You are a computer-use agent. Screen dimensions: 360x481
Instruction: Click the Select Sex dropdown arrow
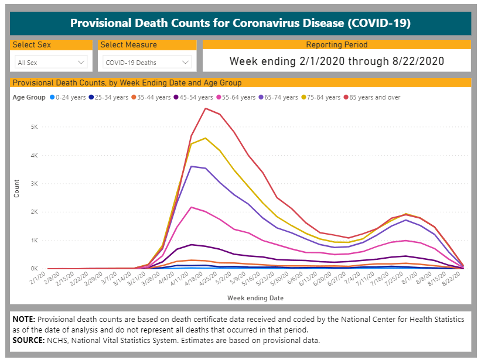point(81,62)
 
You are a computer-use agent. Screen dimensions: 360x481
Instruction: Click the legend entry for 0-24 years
point(71,97)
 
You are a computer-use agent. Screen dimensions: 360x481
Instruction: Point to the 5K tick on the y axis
point(35,127)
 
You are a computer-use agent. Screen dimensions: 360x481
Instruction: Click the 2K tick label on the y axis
point(35,212)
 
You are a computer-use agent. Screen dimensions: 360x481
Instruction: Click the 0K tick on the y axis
point(35,269)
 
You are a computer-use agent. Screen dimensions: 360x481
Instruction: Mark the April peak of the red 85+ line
point(205,108)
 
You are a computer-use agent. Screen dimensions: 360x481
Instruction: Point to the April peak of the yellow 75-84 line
point(205,138)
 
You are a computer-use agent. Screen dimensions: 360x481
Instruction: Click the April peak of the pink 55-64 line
point(191,207)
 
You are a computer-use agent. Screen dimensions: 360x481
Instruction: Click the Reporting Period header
point(337,44)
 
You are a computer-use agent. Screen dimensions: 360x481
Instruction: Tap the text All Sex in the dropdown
point(28,62)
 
